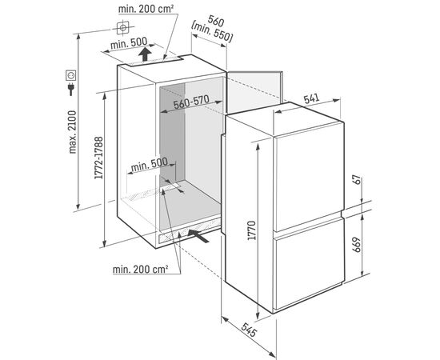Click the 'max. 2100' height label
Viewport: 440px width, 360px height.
tap(72, 132)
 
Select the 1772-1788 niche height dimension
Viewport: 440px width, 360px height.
tap(98, 158)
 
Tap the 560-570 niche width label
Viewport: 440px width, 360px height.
tap(191, 102)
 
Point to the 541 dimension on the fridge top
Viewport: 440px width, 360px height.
tap(311, 98)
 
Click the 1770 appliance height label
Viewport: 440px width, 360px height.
tap(252, 230)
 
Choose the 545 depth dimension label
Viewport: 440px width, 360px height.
tap(249, 330)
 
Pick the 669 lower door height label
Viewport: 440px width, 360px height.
tap(356, 245)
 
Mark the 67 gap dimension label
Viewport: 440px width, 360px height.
tap(356, 179)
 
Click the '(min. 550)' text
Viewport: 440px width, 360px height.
tap(212, 33)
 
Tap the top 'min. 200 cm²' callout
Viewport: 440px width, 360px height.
tap(146, 9)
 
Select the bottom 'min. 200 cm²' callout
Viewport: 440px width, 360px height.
tap(141, 270)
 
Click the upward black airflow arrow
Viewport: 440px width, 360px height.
tap(145, 54)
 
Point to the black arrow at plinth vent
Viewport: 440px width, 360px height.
tap(198, 236)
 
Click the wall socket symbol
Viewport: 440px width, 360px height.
tap(71, 75)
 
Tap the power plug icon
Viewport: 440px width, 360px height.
tap(71, 89)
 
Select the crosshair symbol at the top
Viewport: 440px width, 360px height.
tap(122, 28)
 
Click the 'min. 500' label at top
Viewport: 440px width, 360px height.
tap(129, 43)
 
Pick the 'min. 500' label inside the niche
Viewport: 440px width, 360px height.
tap(150, 165)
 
